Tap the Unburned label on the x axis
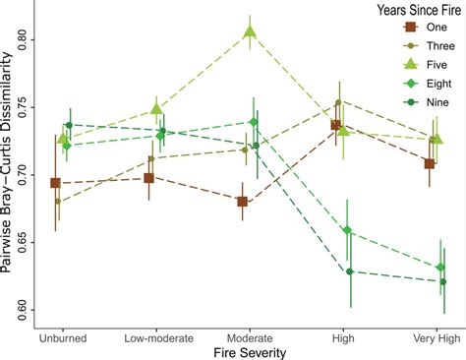pyautogui.click(x=64, y=337)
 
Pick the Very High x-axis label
pyautogui.click(x=434, y=337)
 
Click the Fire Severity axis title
pyautogui.click(x=249, y=351)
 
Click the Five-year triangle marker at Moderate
pyautogui.click(x=250, y=32)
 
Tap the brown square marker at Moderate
pyautogui.click(x=242, y=202)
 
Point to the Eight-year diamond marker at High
pyautogui.click(x=345, y=231)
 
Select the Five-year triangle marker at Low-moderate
pyautogui.click(x=156, y=109)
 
